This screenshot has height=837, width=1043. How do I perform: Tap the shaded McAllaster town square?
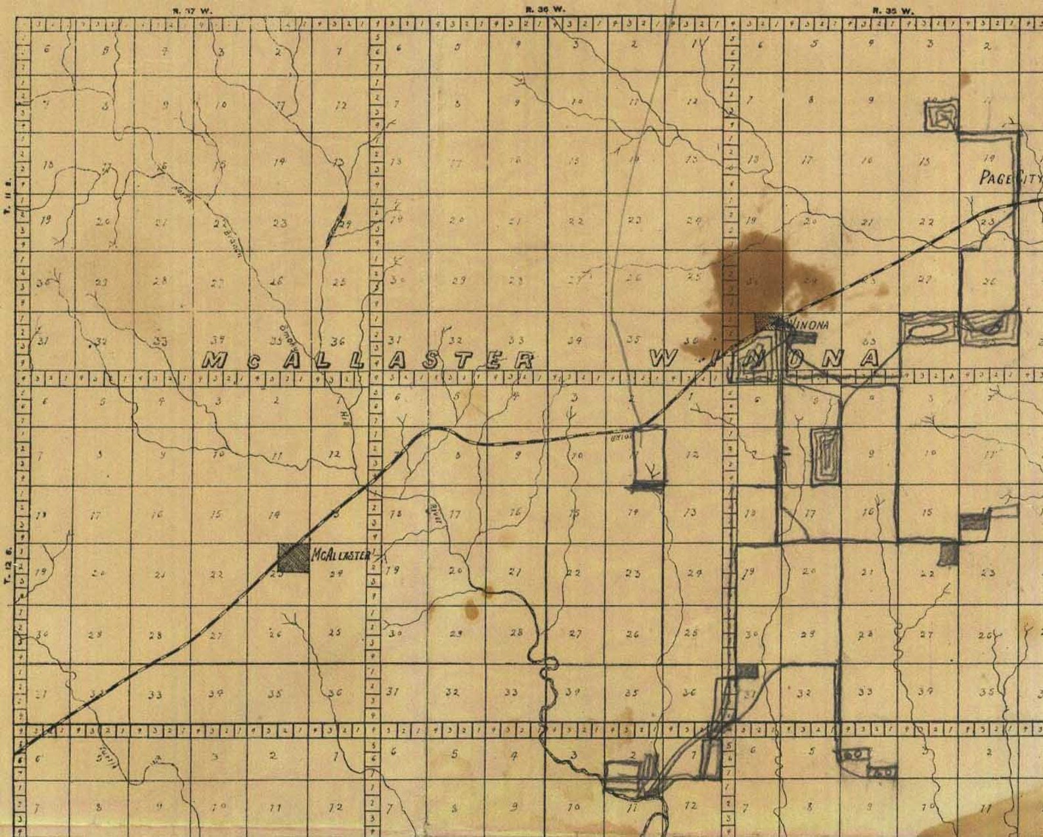pyautogui.click(x=293, y=557)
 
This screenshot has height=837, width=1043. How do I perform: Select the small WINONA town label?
pyautogui.click(x=809, y=324)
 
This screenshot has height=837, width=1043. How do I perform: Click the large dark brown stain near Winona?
pyautogui.click(x=755, y=276)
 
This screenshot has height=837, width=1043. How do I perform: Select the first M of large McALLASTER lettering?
pyautogui.click(x=217, y=360)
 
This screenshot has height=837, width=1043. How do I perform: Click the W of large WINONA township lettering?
pyautogui.click(x=665, y=359)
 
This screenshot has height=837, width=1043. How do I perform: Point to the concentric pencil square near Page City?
pyautogui.click(x=942, y=116)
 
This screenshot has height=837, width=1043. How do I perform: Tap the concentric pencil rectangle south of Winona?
pyautogui.click(x=826, y=457)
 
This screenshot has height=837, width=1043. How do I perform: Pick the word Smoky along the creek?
pyautogui.click(x=288, y=336)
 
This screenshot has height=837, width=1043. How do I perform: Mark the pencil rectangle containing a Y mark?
pyautogui.click(x=650, y=457)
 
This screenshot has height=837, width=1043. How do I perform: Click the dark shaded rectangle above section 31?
pyautogui.click(x=747, y=669)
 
